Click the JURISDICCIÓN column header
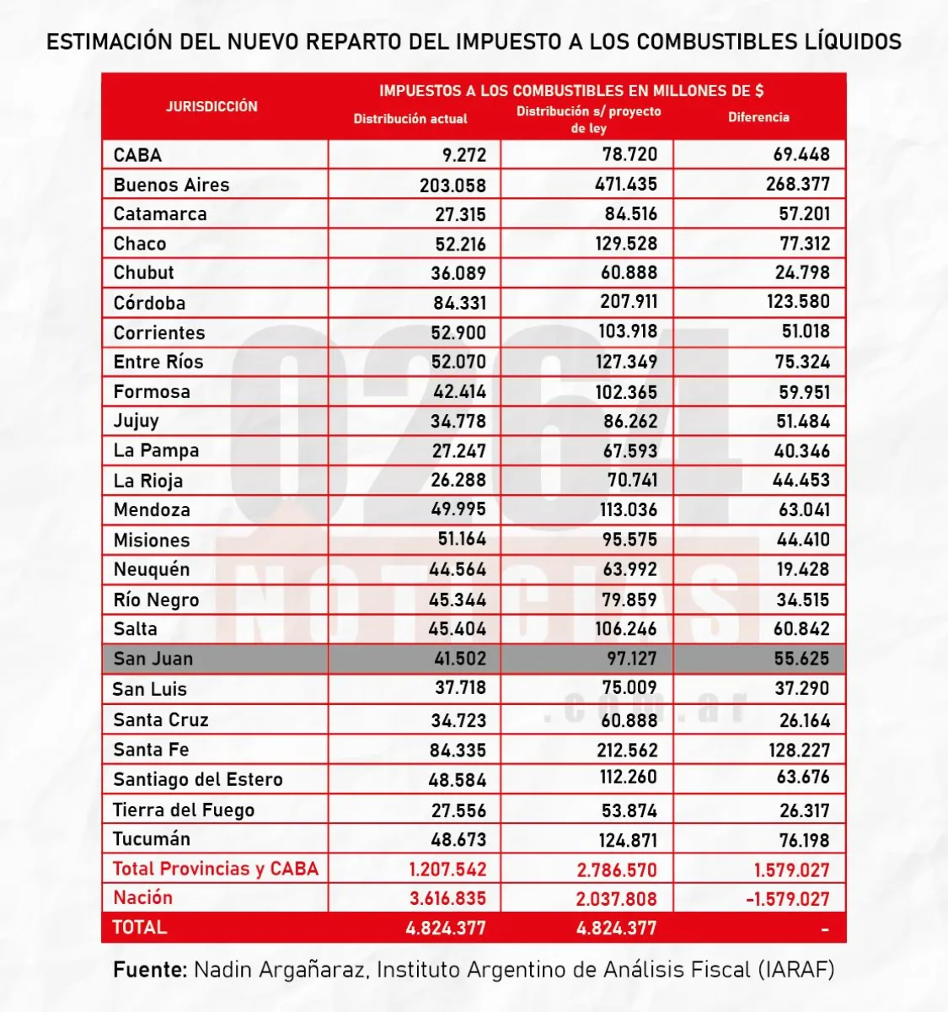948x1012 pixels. coord(212,106)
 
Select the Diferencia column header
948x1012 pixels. coord(758,117)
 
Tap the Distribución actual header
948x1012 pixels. coord(410,119)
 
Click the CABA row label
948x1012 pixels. coord(137,155)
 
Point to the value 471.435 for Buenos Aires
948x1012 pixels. coord(625,184)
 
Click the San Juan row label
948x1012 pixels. coord(153,659)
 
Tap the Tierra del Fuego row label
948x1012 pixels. coord(184,810)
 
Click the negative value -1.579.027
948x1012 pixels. coord(788,899)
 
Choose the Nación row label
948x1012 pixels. coord(142,898)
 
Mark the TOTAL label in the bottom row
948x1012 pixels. coord(140,928)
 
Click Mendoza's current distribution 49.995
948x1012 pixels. coord(458,510)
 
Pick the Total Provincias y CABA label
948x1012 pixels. coord(216,869)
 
